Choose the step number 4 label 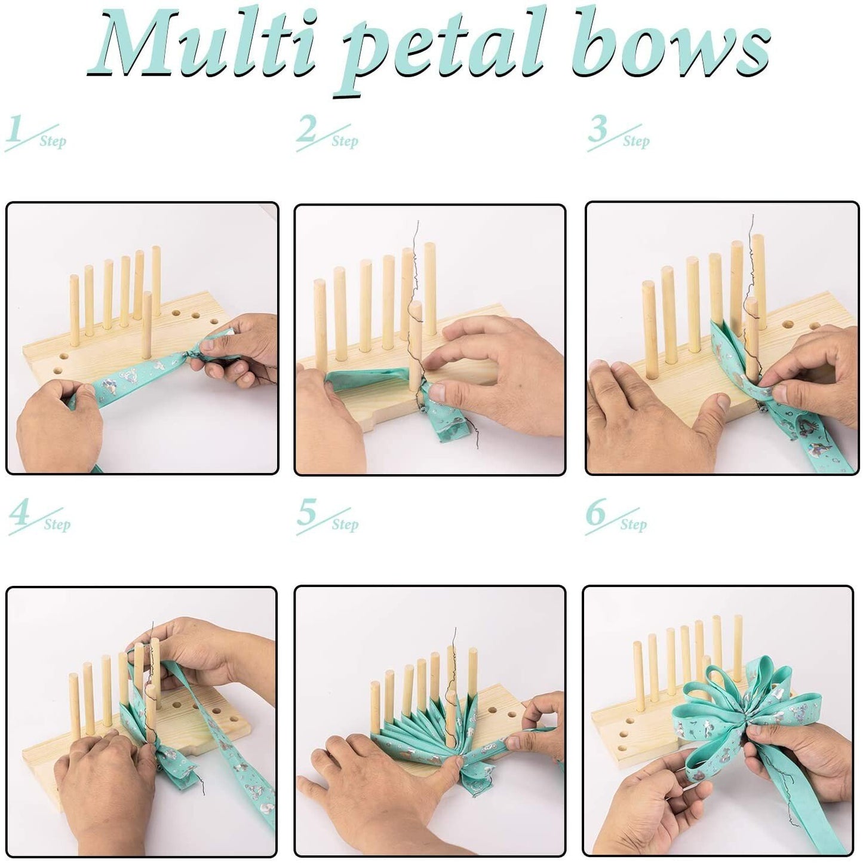tap(38, 517)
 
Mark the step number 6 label tap(615, 517)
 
